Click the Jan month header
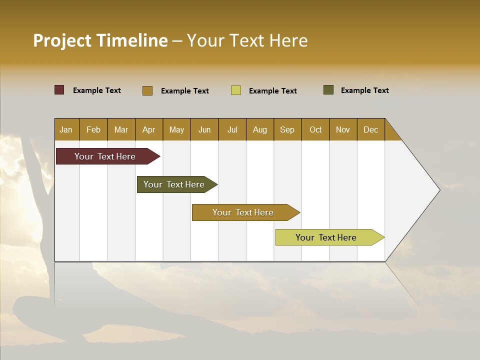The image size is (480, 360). (x=66, y=129)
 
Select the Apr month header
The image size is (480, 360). (x=149, y=129)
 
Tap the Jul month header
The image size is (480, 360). (x=232, y=129)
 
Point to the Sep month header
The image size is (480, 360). (x=287, y=129)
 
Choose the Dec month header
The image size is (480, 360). (x=370, y=129)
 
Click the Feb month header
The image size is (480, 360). (x=93, y=129)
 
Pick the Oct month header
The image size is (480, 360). (x=315, y=129)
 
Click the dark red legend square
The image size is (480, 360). (x=59, y=90)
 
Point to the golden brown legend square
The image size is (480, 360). (x=147, y=90)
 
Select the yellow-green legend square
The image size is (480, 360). (x=236, y=90)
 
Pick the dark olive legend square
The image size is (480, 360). (x=328, y=90)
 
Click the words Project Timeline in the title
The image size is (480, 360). (x=100, y=40)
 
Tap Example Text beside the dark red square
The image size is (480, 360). (x=97, y=90)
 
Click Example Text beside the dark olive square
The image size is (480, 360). (x=364, y=90)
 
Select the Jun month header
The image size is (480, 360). (x=204, y=129)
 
